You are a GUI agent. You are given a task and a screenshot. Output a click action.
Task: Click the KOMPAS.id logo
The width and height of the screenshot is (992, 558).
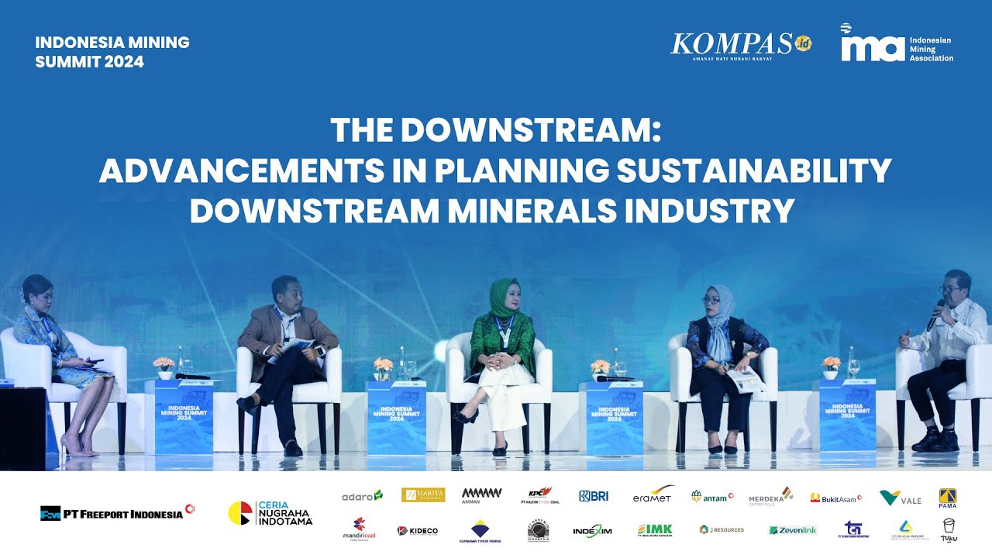[740, 45]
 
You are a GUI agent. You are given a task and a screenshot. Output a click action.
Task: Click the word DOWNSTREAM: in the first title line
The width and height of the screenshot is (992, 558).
[531, 131]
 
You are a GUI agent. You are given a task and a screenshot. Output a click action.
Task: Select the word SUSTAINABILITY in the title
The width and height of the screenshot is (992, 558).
[753, 171]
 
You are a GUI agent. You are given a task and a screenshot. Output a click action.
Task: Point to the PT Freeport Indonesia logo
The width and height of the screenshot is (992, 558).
[117, 512]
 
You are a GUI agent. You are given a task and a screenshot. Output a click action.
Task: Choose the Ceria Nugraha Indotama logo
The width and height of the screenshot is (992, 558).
[270, 513]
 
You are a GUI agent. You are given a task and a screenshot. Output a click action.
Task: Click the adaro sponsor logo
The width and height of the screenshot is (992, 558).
[362, 495]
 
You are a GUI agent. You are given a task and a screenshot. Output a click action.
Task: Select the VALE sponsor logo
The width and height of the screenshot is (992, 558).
[901, 498]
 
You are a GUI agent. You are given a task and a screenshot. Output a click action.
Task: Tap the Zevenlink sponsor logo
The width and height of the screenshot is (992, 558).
[793, 530]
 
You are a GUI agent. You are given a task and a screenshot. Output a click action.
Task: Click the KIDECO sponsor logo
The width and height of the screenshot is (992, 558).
[418, 531]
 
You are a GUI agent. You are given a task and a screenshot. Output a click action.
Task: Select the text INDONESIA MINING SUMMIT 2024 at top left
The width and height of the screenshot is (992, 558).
[112, 52]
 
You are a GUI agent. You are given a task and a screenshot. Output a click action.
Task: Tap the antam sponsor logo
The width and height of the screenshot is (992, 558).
[712, 496]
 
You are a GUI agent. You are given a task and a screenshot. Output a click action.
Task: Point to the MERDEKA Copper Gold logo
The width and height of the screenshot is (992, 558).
[770, 497]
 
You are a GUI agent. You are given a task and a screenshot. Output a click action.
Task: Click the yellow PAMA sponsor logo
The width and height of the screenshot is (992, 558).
[947, 498]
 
